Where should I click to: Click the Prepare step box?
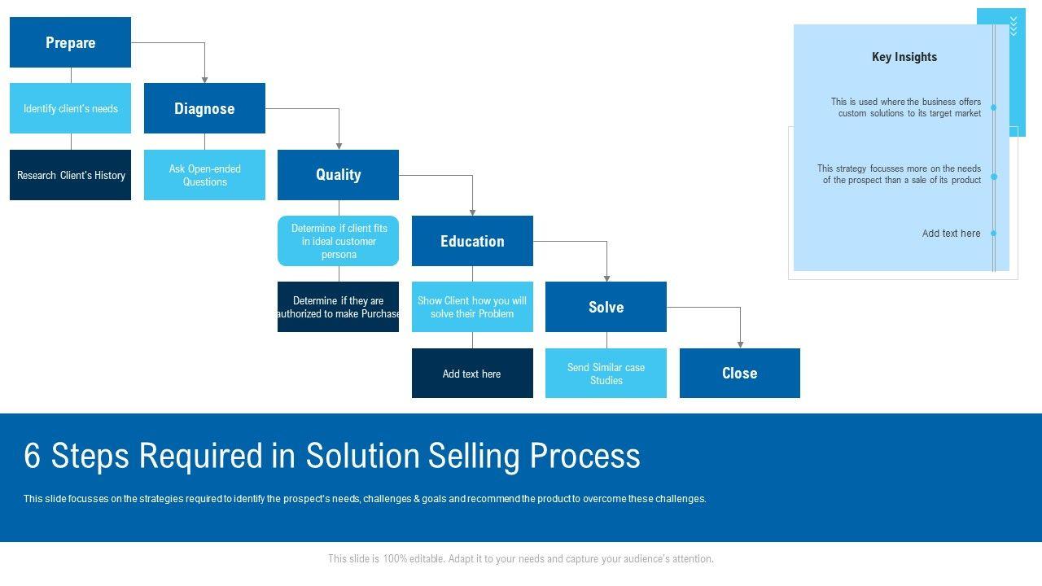[70, 42]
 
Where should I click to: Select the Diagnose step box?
[204, 108]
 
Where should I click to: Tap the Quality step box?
[338, 174]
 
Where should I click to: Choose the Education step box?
[472, 241]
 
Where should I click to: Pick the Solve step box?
[606, 307]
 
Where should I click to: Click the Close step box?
[739, 373]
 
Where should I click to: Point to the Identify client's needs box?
[70, 108]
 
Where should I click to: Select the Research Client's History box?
[70, 175]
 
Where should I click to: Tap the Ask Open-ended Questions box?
[204, 175]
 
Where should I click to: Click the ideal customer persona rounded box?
[338, 241]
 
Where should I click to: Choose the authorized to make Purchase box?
[338, 307]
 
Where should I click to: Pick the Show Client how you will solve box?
[472, 307]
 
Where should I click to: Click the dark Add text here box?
[472, 374]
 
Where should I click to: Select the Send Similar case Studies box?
[606, 374]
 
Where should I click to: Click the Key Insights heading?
[904, 57]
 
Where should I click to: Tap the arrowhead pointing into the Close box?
[740, 344]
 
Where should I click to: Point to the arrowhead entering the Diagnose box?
[204, 79]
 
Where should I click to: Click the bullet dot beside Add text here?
[993, 234]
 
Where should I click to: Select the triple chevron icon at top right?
[1014, 25]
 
